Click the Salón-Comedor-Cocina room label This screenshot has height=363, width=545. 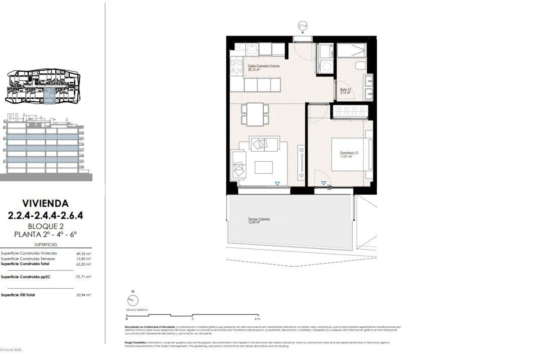(263, 66)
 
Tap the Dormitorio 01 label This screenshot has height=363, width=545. (349, 153)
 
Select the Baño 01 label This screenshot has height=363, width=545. (345, 90)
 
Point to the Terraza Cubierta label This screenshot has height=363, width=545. (259, 219)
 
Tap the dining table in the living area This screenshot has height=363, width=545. (255, 114)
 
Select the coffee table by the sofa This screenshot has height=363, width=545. (263, 167)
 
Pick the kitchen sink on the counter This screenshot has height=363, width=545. (251, 49)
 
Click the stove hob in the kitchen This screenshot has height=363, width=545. (236, 66)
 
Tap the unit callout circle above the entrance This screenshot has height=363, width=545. (303, 26)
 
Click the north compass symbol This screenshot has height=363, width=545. (133, 300)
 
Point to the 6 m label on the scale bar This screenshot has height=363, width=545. (257, 319)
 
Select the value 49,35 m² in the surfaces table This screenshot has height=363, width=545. (83, 254)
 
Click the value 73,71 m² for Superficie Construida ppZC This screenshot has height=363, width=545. (83, 277)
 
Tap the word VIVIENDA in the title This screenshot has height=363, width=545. (45, 203)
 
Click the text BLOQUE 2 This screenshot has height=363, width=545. (46, 226)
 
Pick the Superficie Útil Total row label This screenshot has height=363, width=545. (18, 295)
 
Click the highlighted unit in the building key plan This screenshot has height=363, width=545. (49, 96)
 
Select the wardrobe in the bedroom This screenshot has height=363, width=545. (350, 111)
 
